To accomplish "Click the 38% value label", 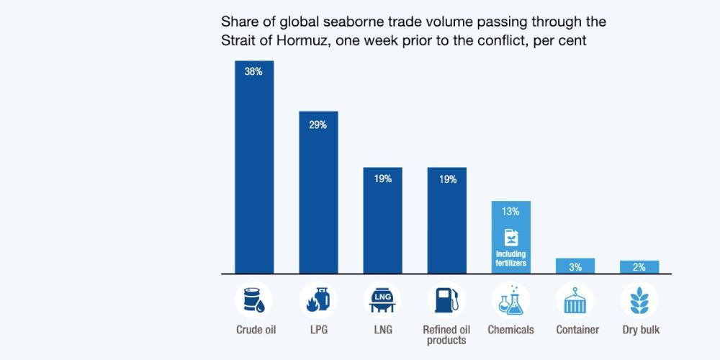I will click(x=253, y=72).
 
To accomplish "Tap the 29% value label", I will click(x=318, y=125).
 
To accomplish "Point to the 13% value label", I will click(x=510, y=212).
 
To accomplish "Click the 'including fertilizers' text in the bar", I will click(x=510, y=258).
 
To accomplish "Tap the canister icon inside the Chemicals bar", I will click(x=510, y=237).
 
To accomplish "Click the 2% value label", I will click(x=639, y=267).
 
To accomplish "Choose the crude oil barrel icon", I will click(x=253, y=300).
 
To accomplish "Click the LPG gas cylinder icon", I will click(x=318, y=300).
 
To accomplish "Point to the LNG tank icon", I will click(x=382, y=300).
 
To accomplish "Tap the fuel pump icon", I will click(x=447, y=300).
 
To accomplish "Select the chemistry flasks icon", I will click(x=510, y=300).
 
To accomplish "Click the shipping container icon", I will click(x=575, y=300).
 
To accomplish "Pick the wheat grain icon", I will click(x=639, y=300).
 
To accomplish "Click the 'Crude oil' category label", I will click(x=256, y=330).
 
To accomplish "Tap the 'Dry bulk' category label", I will click(x=641, y=330).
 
